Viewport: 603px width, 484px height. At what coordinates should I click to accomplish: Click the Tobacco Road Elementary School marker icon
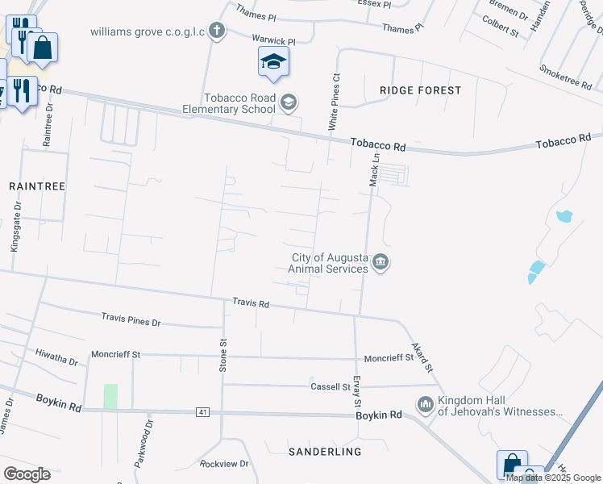289,102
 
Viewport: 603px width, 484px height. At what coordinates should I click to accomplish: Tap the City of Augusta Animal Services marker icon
381,262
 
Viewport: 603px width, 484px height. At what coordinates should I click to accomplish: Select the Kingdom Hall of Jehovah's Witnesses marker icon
425,404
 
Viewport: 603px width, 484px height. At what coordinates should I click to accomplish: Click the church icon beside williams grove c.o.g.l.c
215,31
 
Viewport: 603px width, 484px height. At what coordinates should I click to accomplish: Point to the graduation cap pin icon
273,62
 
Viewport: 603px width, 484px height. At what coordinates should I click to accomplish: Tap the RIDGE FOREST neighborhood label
420,90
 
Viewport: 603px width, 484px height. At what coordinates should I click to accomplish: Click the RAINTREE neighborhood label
36,186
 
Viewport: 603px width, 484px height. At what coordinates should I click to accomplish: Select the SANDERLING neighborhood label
325,451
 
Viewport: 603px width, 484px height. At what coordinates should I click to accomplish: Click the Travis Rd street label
250,303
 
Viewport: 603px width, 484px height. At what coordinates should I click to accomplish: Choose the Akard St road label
422,355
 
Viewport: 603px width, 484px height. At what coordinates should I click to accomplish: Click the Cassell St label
331,387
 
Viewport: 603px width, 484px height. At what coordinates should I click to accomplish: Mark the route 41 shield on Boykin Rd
202,412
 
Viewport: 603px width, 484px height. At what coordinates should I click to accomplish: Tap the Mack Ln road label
374,172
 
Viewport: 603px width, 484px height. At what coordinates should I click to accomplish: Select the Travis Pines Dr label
131,321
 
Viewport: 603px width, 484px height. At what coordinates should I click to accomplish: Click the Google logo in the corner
27,474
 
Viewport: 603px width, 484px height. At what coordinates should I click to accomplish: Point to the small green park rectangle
110,396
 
